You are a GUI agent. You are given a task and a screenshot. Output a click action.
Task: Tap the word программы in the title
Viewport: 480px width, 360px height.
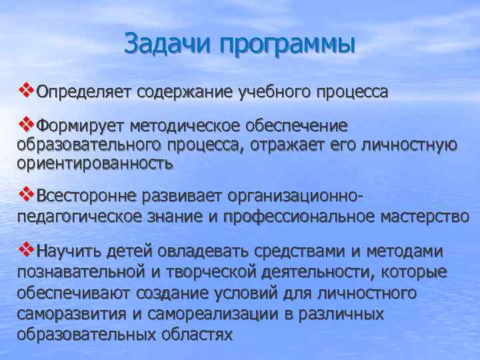click(287, 45)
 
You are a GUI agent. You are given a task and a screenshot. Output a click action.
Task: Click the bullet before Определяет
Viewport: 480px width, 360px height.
click(26, 87)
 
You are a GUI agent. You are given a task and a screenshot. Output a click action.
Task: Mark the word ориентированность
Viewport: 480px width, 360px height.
click(95, 163)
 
